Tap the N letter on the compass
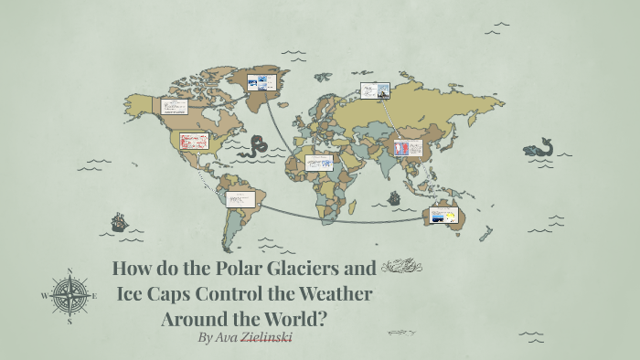tap(69, 270)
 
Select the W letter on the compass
tap(44, 296)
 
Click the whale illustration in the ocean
tap(539, 148)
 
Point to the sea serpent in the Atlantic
tap(259, 146)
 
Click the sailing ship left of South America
tap(119, 222)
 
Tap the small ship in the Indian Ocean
tap(394, 198)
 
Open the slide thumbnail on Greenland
tap(261, 82)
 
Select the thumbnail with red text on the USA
tap(195, 142)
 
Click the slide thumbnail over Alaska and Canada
tap(175, 107)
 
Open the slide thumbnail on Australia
tap(443, 217)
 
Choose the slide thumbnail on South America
tap(239, 198)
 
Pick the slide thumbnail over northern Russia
tap(375, 90)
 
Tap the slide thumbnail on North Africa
tap(319, 163)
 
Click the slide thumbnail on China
tap(408, 147)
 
